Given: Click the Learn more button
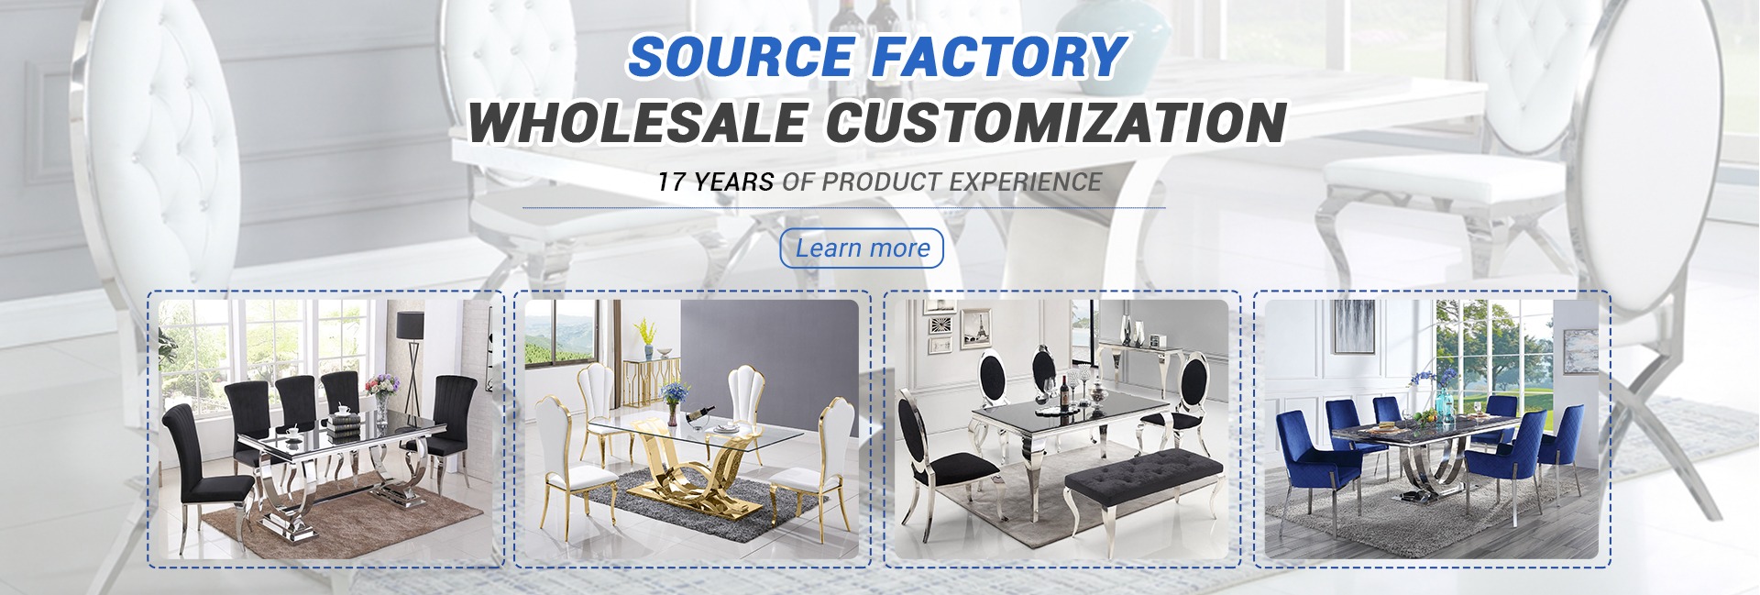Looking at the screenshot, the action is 862,248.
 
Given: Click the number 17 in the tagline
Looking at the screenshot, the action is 671,182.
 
